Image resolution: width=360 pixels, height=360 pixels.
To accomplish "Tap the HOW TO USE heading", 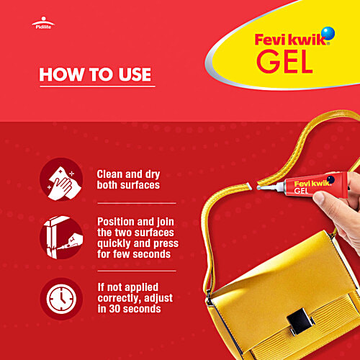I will tap(95, 74).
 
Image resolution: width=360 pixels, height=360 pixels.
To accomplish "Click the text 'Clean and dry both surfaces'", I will tap(127, 180).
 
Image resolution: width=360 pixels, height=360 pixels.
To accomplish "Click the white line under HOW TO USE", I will tap(96, 87).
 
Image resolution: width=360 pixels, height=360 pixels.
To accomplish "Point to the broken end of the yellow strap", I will tap(243, 188).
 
